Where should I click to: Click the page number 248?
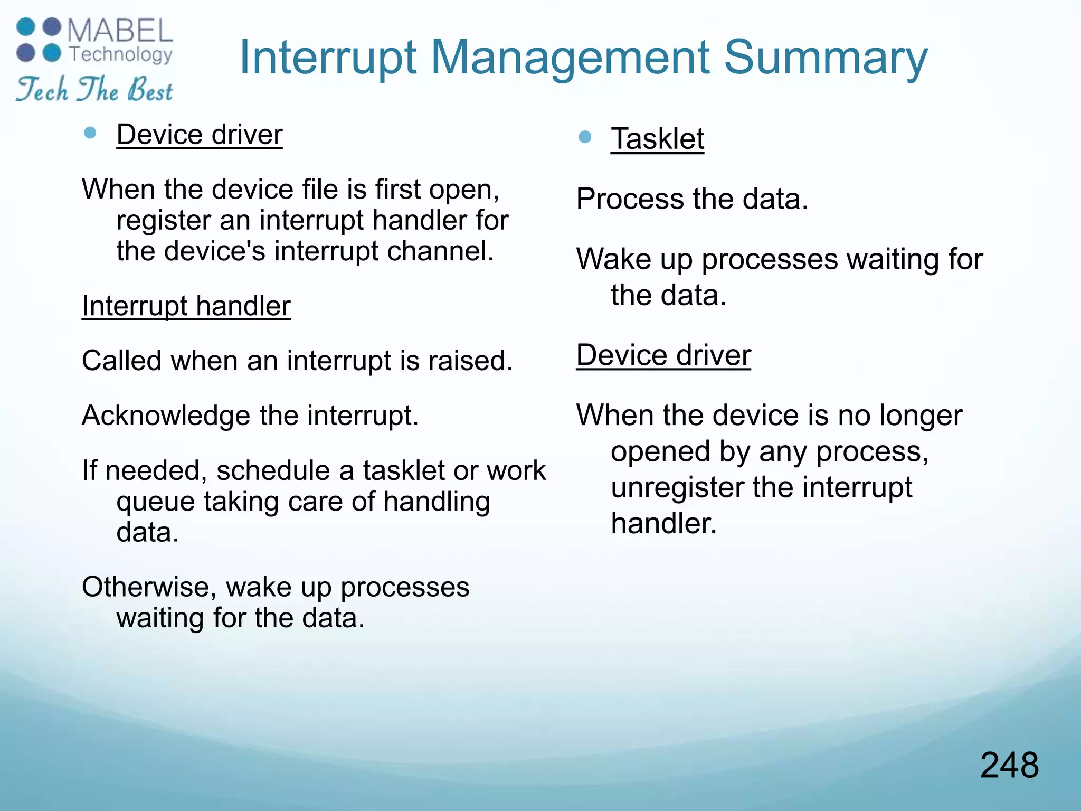point(1009,765)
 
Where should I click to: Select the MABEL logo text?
point(120,31)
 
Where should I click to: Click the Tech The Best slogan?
point(94,89)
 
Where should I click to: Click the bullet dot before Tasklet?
point(584,137)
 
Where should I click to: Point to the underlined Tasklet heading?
point(657,139)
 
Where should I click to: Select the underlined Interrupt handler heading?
point(186,306)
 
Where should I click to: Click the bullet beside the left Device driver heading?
point(90,133)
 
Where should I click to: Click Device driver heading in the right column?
point(663,355)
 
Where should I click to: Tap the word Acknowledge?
point(166,416)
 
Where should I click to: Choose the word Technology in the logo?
point(121,54)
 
